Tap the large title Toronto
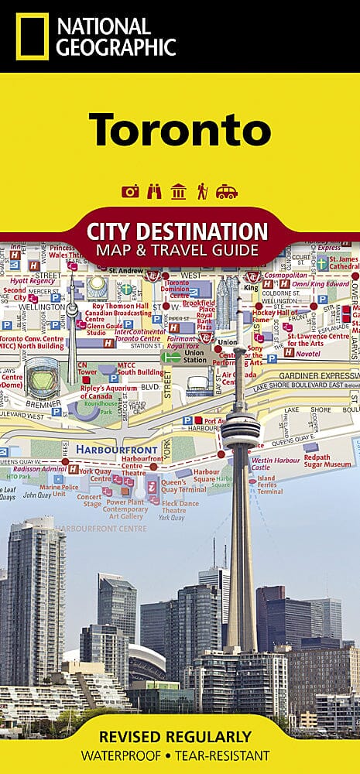click(180, 129)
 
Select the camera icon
click(130, 192)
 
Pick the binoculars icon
click(154, 192)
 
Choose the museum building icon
click(178, 192)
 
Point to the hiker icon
click(202, 191)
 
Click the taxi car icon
click(227, 192)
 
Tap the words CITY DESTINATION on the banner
click(180, 231)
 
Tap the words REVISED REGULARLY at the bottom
click(180, 737)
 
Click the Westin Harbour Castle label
click(272, 464)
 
